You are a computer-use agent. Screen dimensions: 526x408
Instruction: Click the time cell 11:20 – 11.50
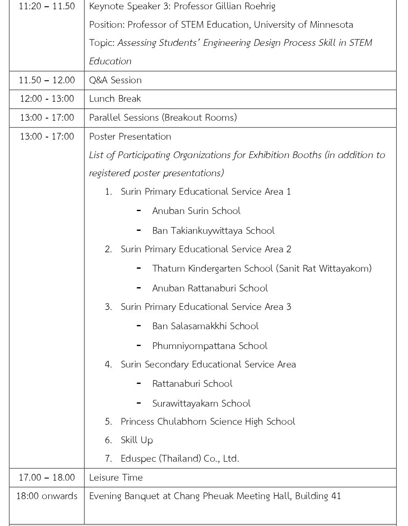pos(47,6)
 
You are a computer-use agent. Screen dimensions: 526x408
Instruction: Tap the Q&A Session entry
pos(115,80)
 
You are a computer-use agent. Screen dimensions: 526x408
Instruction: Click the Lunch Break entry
pos(115,99)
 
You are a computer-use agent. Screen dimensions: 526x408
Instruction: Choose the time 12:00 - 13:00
pos(47,99)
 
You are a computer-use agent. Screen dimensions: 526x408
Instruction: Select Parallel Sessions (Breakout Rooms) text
pos(163,117)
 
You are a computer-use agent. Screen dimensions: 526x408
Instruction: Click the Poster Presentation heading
pos(130,137)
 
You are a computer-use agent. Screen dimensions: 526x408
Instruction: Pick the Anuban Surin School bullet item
pos(196,211)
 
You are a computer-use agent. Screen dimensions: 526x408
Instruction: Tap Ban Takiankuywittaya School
pos(213,231)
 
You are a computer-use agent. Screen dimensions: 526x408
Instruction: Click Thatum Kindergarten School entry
pos(261,269)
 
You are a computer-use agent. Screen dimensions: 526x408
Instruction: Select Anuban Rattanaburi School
pos(210,288)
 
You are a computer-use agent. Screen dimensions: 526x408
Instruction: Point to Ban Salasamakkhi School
pos(205,326)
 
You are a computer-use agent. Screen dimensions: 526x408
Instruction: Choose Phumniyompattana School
pos(210,346)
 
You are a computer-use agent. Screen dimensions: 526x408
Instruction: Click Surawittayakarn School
pos(201,404)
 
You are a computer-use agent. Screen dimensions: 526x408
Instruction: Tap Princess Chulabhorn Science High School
pos(208,422)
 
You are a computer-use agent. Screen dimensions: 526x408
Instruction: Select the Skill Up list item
pos(136,440)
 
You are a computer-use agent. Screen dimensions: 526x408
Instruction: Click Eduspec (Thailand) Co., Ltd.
pos(180,459)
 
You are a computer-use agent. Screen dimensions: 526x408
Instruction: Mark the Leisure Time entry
pos(116,478)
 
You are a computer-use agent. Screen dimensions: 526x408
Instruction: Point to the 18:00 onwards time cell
pos(47,496)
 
